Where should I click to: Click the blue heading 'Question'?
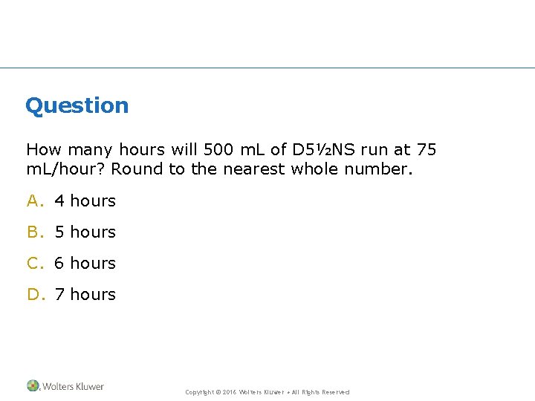pos(77,105)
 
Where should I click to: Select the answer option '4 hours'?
pos(85,200)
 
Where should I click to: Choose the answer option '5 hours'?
pos(85,232)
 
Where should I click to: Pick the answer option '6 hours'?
pos(85,263)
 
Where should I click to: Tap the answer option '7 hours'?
pos(85,294)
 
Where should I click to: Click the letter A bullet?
pos(33,200)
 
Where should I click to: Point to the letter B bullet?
pos(33,232)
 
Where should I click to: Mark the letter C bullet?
pos(33,263)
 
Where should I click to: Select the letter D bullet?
pos(33,294)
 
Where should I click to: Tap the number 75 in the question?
pos(427,150)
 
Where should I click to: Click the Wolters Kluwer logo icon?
pos(33,386)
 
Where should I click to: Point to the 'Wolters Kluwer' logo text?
pos(73,386)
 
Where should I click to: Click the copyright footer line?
pos(267,392)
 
